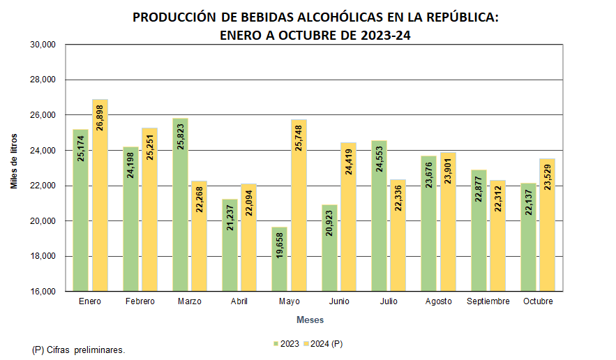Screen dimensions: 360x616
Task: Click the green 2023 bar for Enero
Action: coord(80,210)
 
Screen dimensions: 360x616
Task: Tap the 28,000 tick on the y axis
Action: coord(43,80)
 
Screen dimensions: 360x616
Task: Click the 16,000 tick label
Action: coord(43,291)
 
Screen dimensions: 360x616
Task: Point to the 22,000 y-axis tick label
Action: coord(43,186)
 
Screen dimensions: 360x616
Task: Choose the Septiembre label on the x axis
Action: coord(488,301)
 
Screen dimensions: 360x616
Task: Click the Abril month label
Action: coord(239,301)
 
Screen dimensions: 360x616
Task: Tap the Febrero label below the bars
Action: coord(140,301)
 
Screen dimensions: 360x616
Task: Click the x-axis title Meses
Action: coord(310,320)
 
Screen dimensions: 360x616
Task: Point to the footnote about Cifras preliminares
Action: coord(79,349)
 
